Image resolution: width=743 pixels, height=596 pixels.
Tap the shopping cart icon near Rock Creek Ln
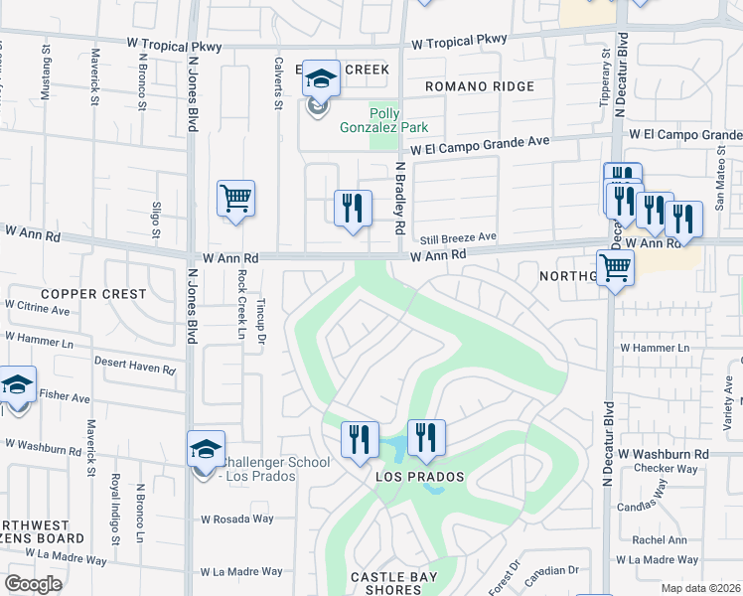click(235, 198)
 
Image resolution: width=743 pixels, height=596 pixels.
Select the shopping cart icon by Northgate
click(616, 266)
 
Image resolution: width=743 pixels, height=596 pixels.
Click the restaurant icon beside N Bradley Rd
click(353, 209)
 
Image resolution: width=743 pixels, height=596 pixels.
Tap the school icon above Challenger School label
click(206, 448)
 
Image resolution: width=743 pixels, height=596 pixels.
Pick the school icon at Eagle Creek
click(321, 78)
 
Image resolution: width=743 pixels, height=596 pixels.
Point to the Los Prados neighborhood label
click(420, 477)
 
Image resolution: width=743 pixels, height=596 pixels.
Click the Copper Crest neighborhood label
click(93, 295)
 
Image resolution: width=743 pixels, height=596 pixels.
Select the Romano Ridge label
click(479, 86)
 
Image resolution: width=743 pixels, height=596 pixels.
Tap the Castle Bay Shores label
click(394, 584)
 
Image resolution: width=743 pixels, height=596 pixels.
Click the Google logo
click(33, 584)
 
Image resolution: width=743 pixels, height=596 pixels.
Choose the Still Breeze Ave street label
click(457, 238)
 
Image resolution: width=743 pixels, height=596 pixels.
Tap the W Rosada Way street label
click(236, 519)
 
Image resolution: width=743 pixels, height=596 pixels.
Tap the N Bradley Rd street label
click(401, 199)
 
